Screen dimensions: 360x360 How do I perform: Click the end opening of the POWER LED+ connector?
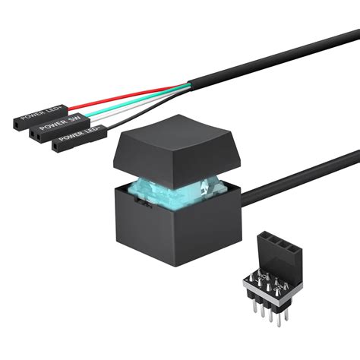[x=16, y=122]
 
